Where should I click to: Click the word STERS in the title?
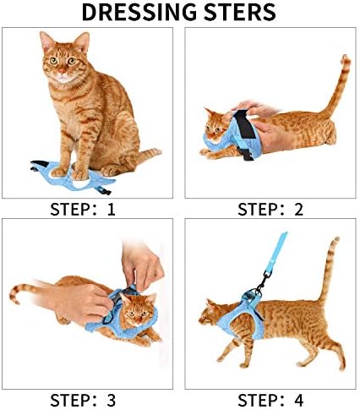(x=240, y=12)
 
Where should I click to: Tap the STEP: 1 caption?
(x=83, y=210)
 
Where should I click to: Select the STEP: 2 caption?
(x=270, y=210)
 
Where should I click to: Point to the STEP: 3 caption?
(x=83, y=400)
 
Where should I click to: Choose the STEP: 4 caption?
(x=270, y=400)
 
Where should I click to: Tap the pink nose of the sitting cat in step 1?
(x=62, y=70)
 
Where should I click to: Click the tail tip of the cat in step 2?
(x=345, y=57)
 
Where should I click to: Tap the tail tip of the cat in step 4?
(x=335, y=240)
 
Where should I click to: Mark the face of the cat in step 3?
(x=137, y=311)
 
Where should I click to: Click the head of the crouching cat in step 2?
(x=215, y=124)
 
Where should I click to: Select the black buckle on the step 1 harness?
(x=104, y=191)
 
